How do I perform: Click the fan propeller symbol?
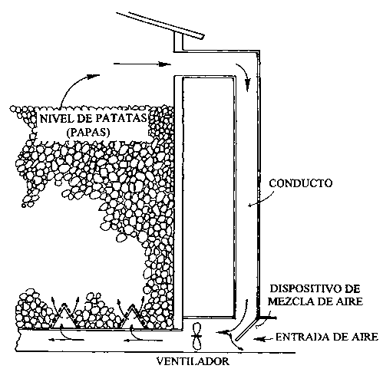(196, 337)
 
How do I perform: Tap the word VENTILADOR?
(193, 362)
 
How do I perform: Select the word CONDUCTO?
(301, 183)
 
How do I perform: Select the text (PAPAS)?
(88, 132)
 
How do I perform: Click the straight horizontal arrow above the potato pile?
(142, 64)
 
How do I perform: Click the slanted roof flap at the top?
(160, 25)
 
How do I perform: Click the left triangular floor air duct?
(63, 317)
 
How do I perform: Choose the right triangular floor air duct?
(132, 317)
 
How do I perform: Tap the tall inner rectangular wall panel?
(208, 197)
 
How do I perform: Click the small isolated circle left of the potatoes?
(24, 206)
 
